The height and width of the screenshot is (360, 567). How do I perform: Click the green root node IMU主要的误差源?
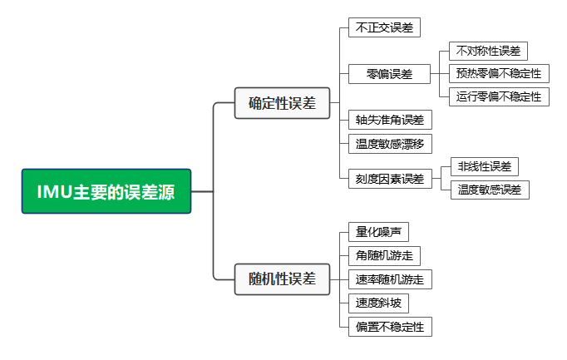(x=106, y=191)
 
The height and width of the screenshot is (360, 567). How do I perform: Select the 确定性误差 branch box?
(x=283, y=103)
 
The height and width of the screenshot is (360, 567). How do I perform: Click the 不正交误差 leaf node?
(x=384, y=27)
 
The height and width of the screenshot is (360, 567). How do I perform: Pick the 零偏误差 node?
(x=390, y=74)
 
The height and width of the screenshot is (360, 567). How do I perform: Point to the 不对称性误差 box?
(x=488, y=52)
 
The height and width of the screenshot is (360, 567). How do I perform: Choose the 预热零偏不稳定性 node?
(x=499, y=74)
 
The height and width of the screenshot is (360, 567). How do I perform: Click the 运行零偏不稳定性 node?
(x=499, y=96)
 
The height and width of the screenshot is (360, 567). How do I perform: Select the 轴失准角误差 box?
(x=390, y=120)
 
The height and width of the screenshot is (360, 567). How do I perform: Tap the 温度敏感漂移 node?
(x=390, y=144)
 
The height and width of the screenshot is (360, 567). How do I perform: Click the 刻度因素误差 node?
(x=390, y=178)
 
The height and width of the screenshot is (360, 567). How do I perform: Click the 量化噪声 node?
(x=378, y=233)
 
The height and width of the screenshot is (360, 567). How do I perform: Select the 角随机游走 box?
(x=384, y=256)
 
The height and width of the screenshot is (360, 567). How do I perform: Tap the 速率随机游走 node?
(x=390, y=279)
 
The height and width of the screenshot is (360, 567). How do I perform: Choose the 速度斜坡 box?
(x=378, y=303)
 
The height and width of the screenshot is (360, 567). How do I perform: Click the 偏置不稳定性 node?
(x=390, y=327)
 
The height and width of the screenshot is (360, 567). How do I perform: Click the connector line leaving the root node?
(x=202, y=191)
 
